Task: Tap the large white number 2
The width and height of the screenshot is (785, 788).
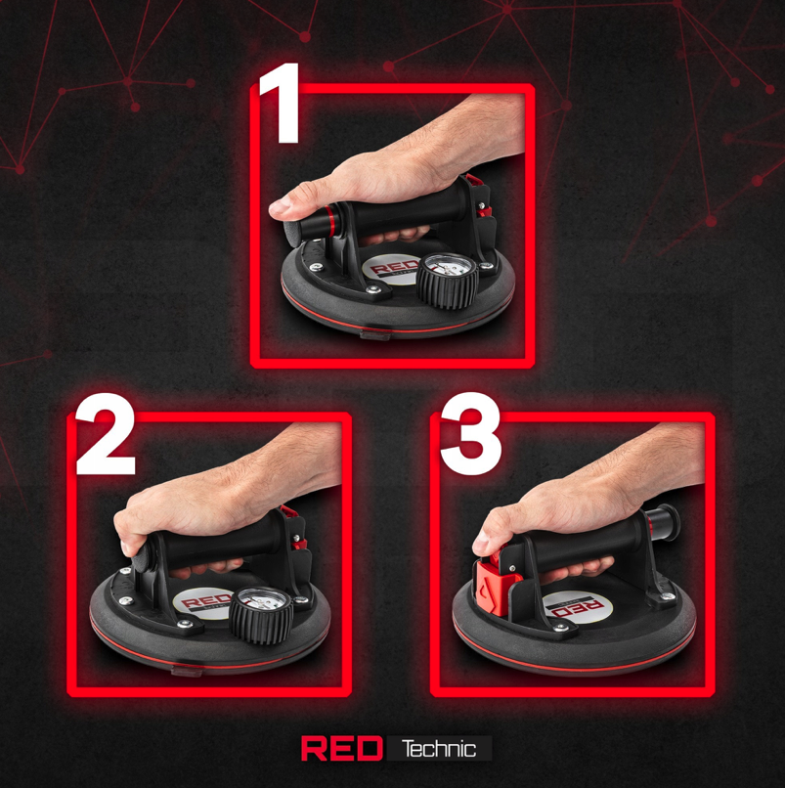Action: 106,434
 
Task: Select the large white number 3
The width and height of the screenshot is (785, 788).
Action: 471,434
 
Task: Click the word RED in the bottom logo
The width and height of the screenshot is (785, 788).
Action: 342,748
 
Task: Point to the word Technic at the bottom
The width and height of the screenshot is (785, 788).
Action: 439,749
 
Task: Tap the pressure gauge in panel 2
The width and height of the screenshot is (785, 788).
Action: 261,615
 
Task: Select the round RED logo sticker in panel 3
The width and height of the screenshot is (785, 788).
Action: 577,607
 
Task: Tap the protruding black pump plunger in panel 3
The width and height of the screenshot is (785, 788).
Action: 663,523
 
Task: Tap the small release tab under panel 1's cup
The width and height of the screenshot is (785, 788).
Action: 375,334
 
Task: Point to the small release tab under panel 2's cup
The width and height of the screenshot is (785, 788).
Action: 187,671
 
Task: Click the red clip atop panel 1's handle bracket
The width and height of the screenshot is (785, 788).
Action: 473,180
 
